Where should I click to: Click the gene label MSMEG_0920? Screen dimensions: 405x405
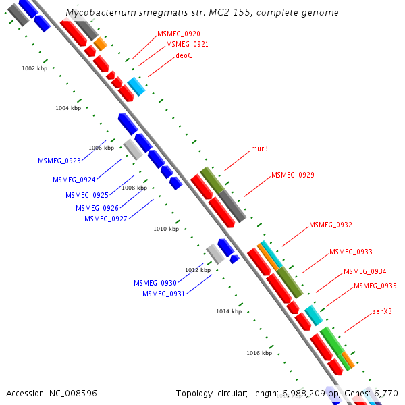pyautogui.click(x=178, y=33)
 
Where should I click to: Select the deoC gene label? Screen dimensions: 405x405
pyautogui.click(x=184, y=55)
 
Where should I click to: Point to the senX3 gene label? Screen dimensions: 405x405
pyautogui.click(x=382, y=311)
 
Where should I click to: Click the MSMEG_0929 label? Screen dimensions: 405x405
pyautogui.click(x=292, y=175)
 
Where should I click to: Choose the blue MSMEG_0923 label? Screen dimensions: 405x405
pyautogui.click(x=59, y=161)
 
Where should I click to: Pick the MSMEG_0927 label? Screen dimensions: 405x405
pyautogui.click(x=105, y=218)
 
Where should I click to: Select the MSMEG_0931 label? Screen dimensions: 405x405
pyautogui.click(x=163, y=294)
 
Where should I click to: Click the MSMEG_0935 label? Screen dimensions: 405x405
pyautogui.click(x=375, y=286)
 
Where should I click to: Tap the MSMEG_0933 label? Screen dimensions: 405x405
pyautogui.click(x=350, y=252)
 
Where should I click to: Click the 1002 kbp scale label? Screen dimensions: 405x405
pyautogui.click(x=34, y=68)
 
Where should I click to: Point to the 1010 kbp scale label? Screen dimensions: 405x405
pyautogui.click(x=166, y=229)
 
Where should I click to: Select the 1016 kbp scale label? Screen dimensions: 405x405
pyautogui.click(x=259, y=353)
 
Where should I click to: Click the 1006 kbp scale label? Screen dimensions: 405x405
pyautogui.click(x=101, y=148)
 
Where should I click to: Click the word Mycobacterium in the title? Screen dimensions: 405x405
pyautogui.click(x=98, y=13)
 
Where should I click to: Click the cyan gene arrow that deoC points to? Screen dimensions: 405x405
pyautogui.click(x=136, y=86)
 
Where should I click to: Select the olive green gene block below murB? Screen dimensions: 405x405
pyautogui.click(x=212, y=180)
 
